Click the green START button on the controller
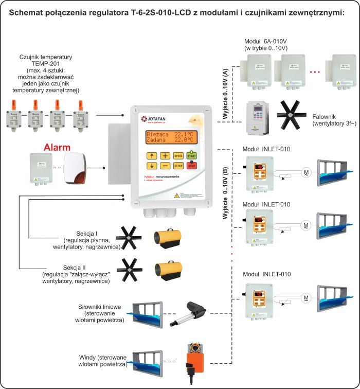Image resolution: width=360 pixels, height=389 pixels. coord(192,155)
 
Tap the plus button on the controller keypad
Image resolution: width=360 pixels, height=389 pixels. coord(165,155)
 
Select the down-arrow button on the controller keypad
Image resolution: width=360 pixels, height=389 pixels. coord(152,166)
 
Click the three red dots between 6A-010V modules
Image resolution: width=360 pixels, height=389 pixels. coord(316,72)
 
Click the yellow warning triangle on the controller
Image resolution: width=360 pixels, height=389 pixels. coord(176,195)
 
